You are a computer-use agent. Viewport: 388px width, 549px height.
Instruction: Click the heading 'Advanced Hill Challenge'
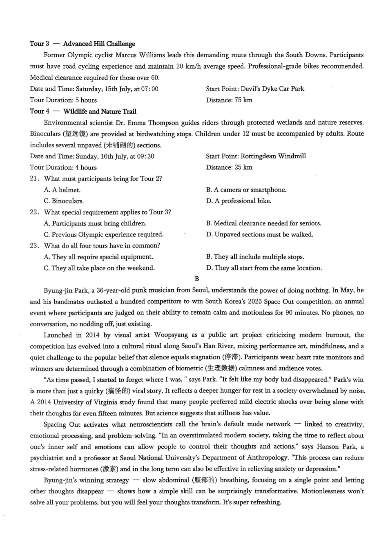point(99,44)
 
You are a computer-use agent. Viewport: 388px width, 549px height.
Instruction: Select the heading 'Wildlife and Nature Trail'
point(100,111)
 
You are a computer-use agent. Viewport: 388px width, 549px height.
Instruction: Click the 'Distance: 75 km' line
point(229,100)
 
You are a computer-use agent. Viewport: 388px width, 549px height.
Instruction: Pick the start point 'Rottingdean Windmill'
point(273,156)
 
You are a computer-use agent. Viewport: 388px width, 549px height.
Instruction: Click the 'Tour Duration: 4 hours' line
point(63,167)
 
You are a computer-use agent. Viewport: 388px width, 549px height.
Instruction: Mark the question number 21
point(34,179)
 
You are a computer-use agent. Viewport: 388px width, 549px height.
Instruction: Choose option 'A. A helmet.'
point(62,190)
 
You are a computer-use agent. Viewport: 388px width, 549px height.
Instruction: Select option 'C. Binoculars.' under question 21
point(64,201)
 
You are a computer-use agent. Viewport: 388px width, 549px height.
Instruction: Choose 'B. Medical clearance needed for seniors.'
point(263,223)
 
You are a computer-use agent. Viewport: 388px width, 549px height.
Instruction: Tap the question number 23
point(34,246)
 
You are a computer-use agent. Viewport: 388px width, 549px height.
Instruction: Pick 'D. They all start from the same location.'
point(264,268)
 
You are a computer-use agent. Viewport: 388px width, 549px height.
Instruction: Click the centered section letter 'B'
point(197,279)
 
